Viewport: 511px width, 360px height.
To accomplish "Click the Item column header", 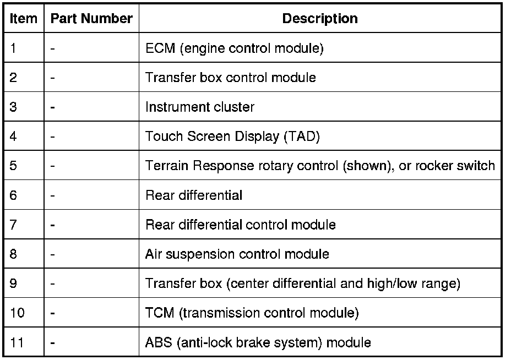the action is (24, 18).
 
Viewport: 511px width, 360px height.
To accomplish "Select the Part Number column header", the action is (91, 18).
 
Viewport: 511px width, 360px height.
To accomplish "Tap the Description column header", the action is (319, 18).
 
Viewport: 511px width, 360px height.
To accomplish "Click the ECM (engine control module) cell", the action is (234, 48).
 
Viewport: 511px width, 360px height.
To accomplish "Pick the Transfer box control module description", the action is (230, 77).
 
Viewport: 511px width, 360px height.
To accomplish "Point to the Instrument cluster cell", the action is (199, 107).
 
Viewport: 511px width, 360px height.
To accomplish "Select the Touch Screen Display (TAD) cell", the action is (232, 136).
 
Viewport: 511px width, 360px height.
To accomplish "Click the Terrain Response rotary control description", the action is (319, 166).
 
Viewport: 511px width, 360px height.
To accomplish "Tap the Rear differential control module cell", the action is (240, 225).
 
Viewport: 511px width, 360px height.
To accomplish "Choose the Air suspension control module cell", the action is (237, 254).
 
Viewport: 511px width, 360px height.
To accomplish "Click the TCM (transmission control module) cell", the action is (252, 313).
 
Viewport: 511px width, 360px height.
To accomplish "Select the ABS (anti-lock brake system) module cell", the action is (258, 342).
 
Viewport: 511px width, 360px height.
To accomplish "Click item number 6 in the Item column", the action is (14, 195).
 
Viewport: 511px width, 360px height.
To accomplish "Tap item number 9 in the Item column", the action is (14, 283).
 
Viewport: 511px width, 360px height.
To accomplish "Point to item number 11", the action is (17, 342).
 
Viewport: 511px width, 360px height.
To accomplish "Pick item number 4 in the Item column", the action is (14, 136).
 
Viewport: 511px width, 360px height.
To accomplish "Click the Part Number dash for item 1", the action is (52, 48).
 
